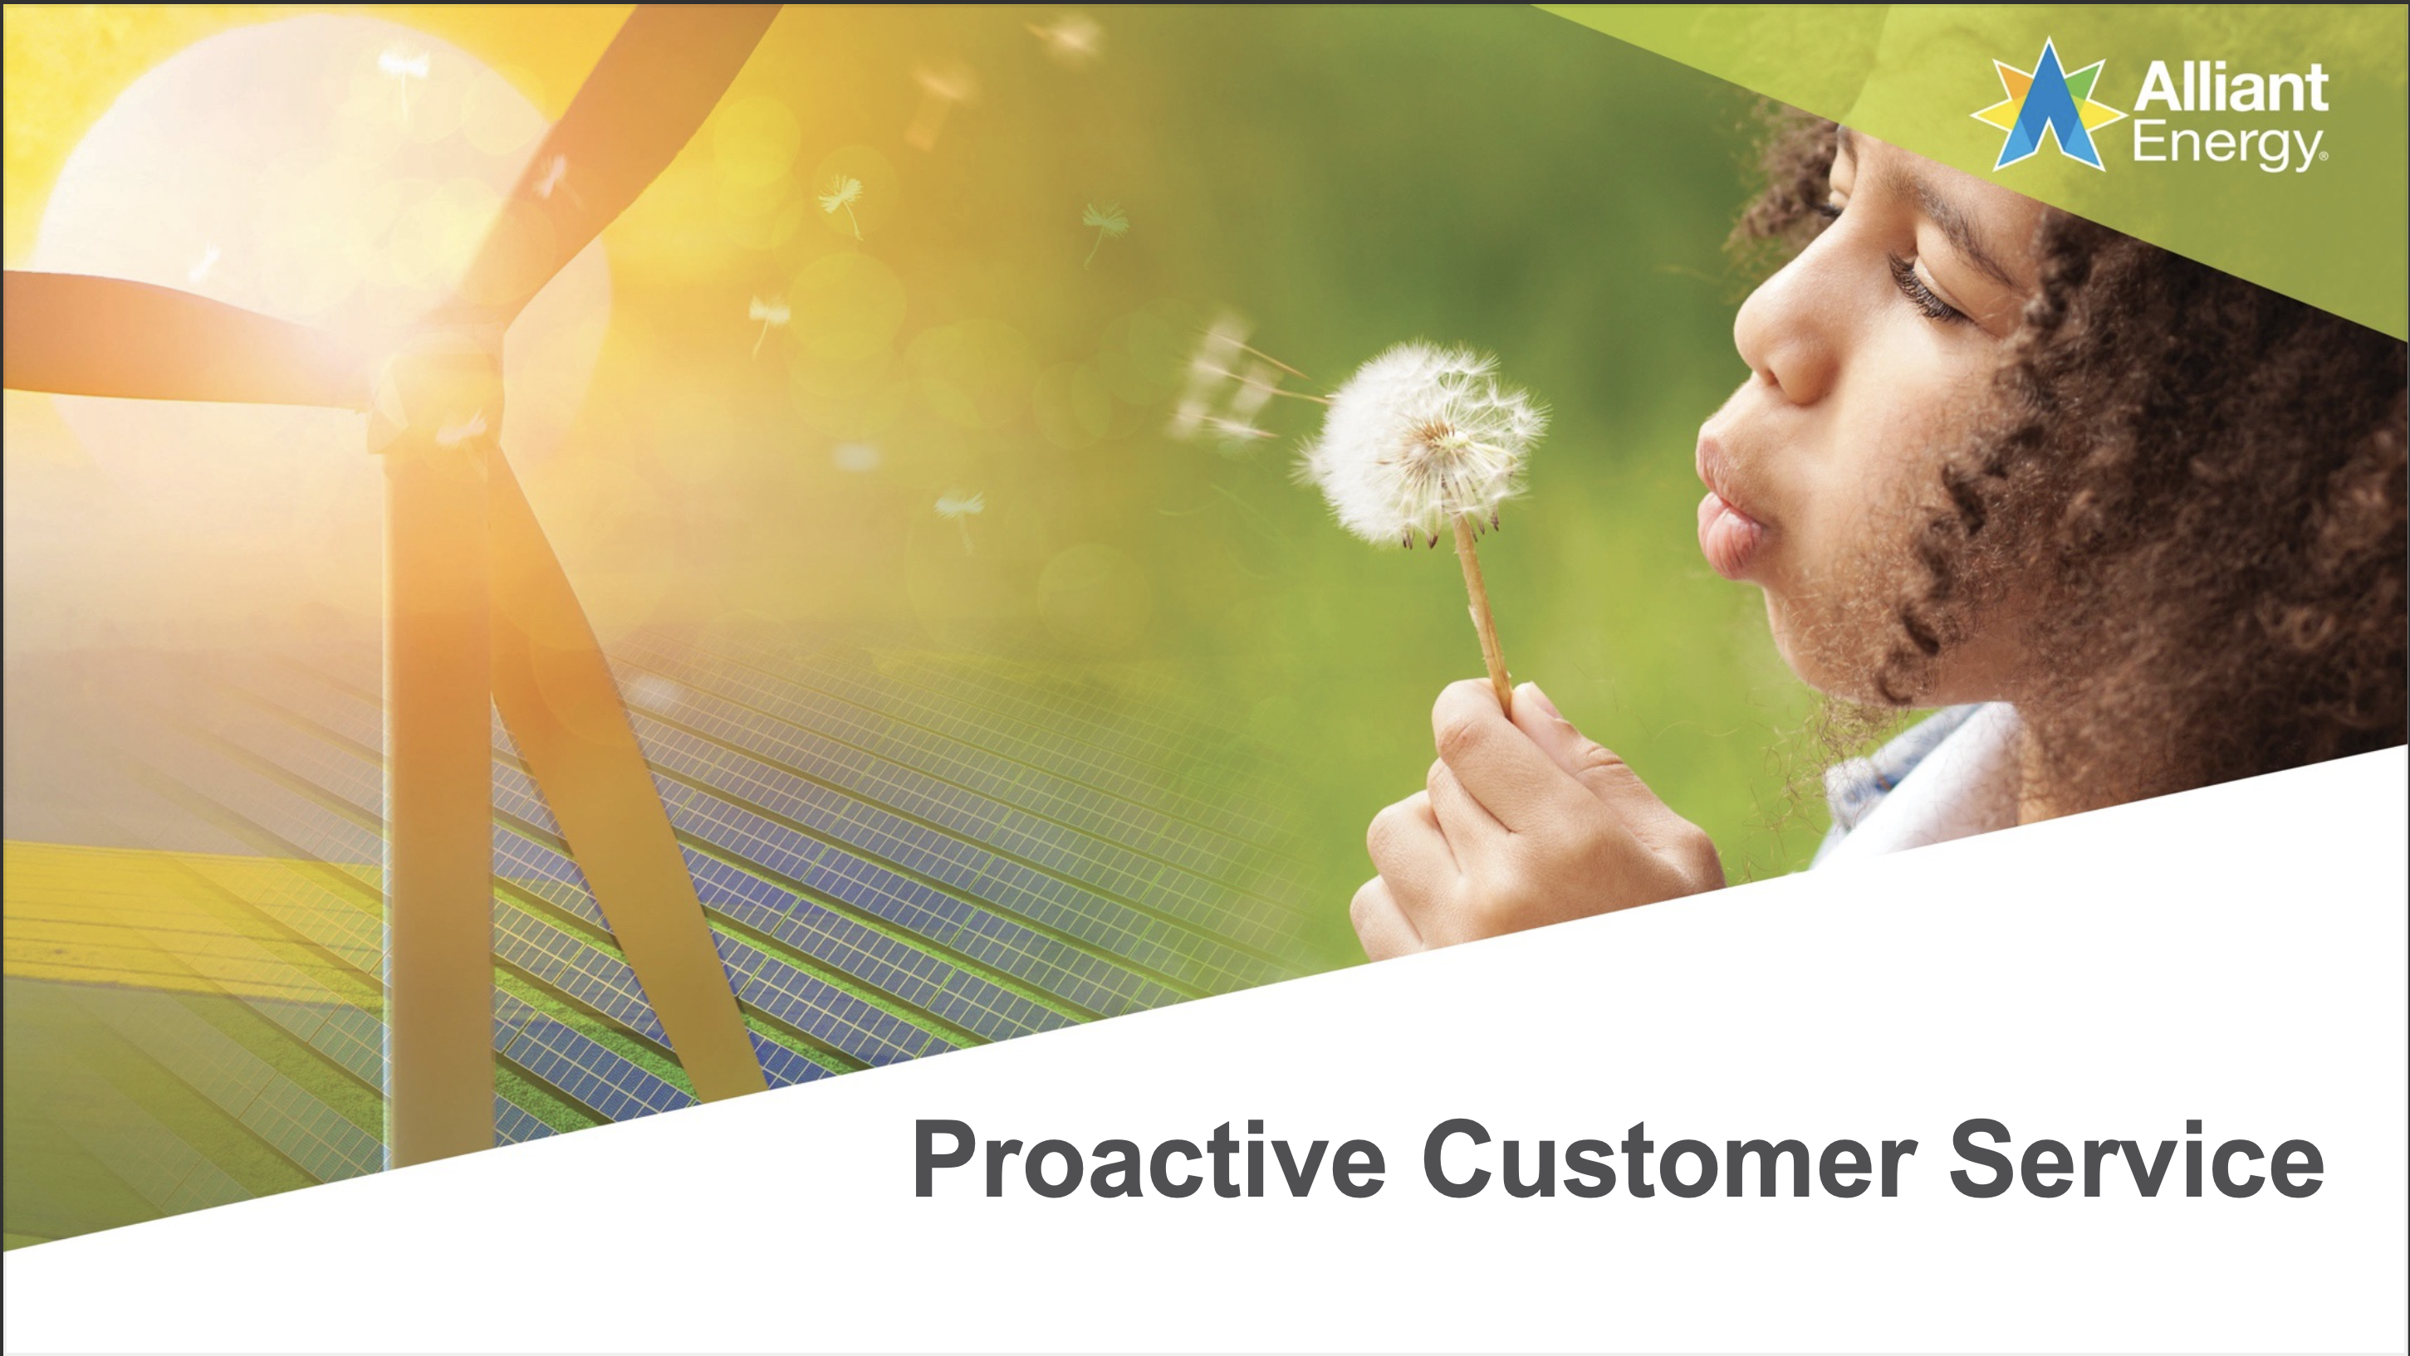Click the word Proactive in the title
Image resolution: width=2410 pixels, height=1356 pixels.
pos(1148,1159)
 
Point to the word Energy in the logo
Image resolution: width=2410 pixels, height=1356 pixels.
pos(2227,145)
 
